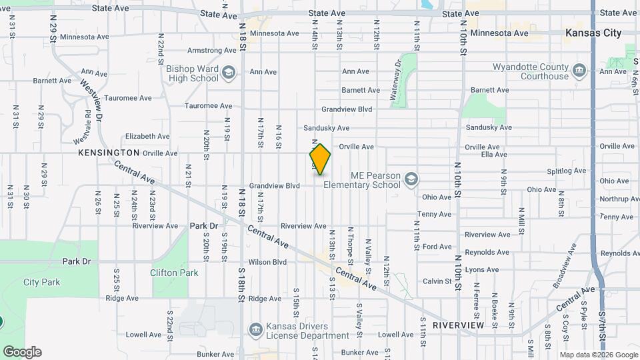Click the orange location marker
(x=320, y=159)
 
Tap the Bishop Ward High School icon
(x=228, y=72)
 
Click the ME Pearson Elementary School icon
(x=411, y=179)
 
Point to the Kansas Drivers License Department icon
(x=255, y=330)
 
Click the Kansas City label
(x=593, y=33)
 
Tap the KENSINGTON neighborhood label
(x=109, y=153)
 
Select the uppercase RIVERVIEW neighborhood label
(x=458, y=325)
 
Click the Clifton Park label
(x=174, y=273)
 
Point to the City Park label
(x=41, y=282)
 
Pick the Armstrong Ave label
(x=209, y=50)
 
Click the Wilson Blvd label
(x=267, y=262)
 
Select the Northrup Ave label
(x=619, y=199)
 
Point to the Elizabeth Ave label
(x=147, y=136)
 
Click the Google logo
(x=22, y=352)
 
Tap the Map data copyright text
(x=598, y=354)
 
